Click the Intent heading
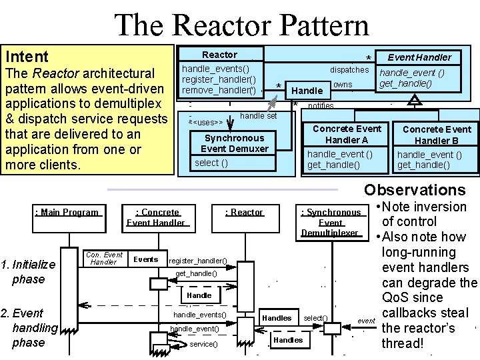(27, 57)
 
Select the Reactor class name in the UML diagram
(219, 55)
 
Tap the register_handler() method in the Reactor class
(219, 79)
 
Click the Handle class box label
(308, 90)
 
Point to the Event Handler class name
(419, 57)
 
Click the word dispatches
(349, 69)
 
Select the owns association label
(343, 84)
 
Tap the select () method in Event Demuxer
(211, 163)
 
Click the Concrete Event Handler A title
(347, 134)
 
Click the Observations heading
(415, 190)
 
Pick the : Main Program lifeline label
(67, 212)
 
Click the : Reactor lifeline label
(244, 212)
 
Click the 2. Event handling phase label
(30, 327)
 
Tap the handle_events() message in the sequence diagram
(200, 315)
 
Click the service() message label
(203, 344)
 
